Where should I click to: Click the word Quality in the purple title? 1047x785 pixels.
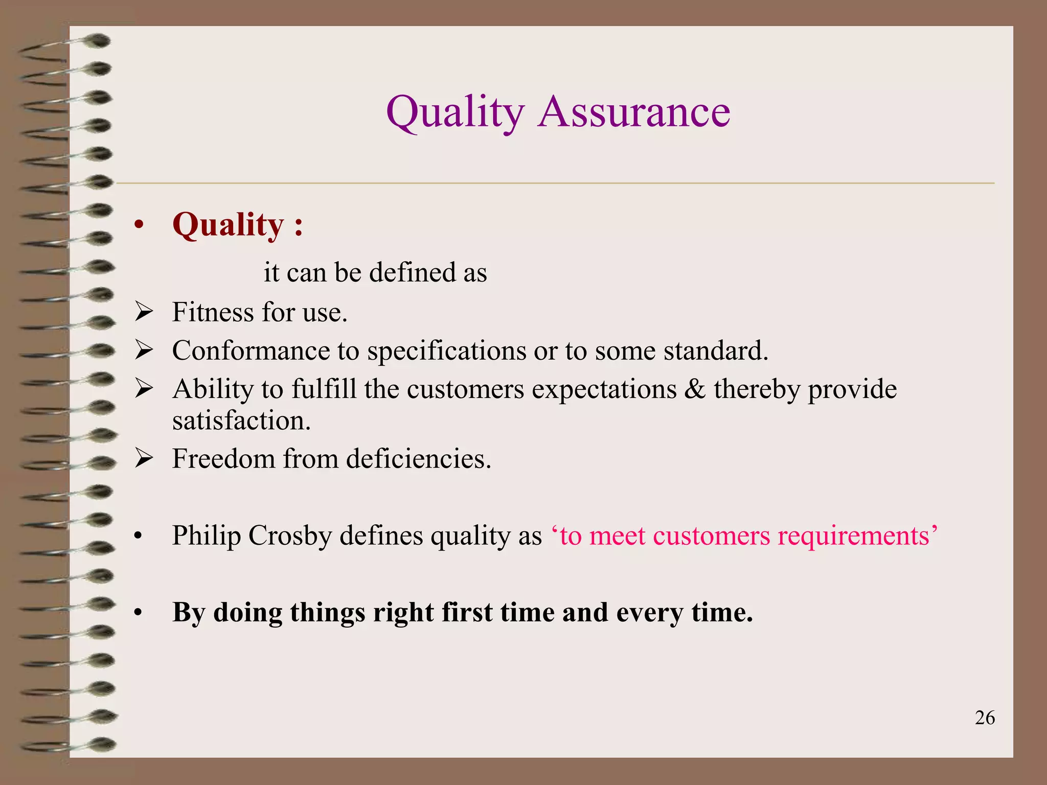[x=455, y=113]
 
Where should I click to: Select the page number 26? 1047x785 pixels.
[x=985, y=718]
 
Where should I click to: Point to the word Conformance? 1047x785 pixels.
[x=251, y=351]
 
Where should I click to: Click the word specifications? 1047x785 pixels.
[x=446, y=352]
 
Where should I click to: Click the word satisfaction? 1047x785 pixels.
[x=241, y=421]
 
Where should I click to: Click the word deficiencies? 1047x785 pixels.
[x=418, y=458]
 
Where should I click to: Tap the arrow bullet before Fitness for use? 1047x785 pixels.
[x=144, y=312]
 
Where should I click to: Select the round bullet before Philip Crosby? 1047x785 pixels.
[x=138, y=537]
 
